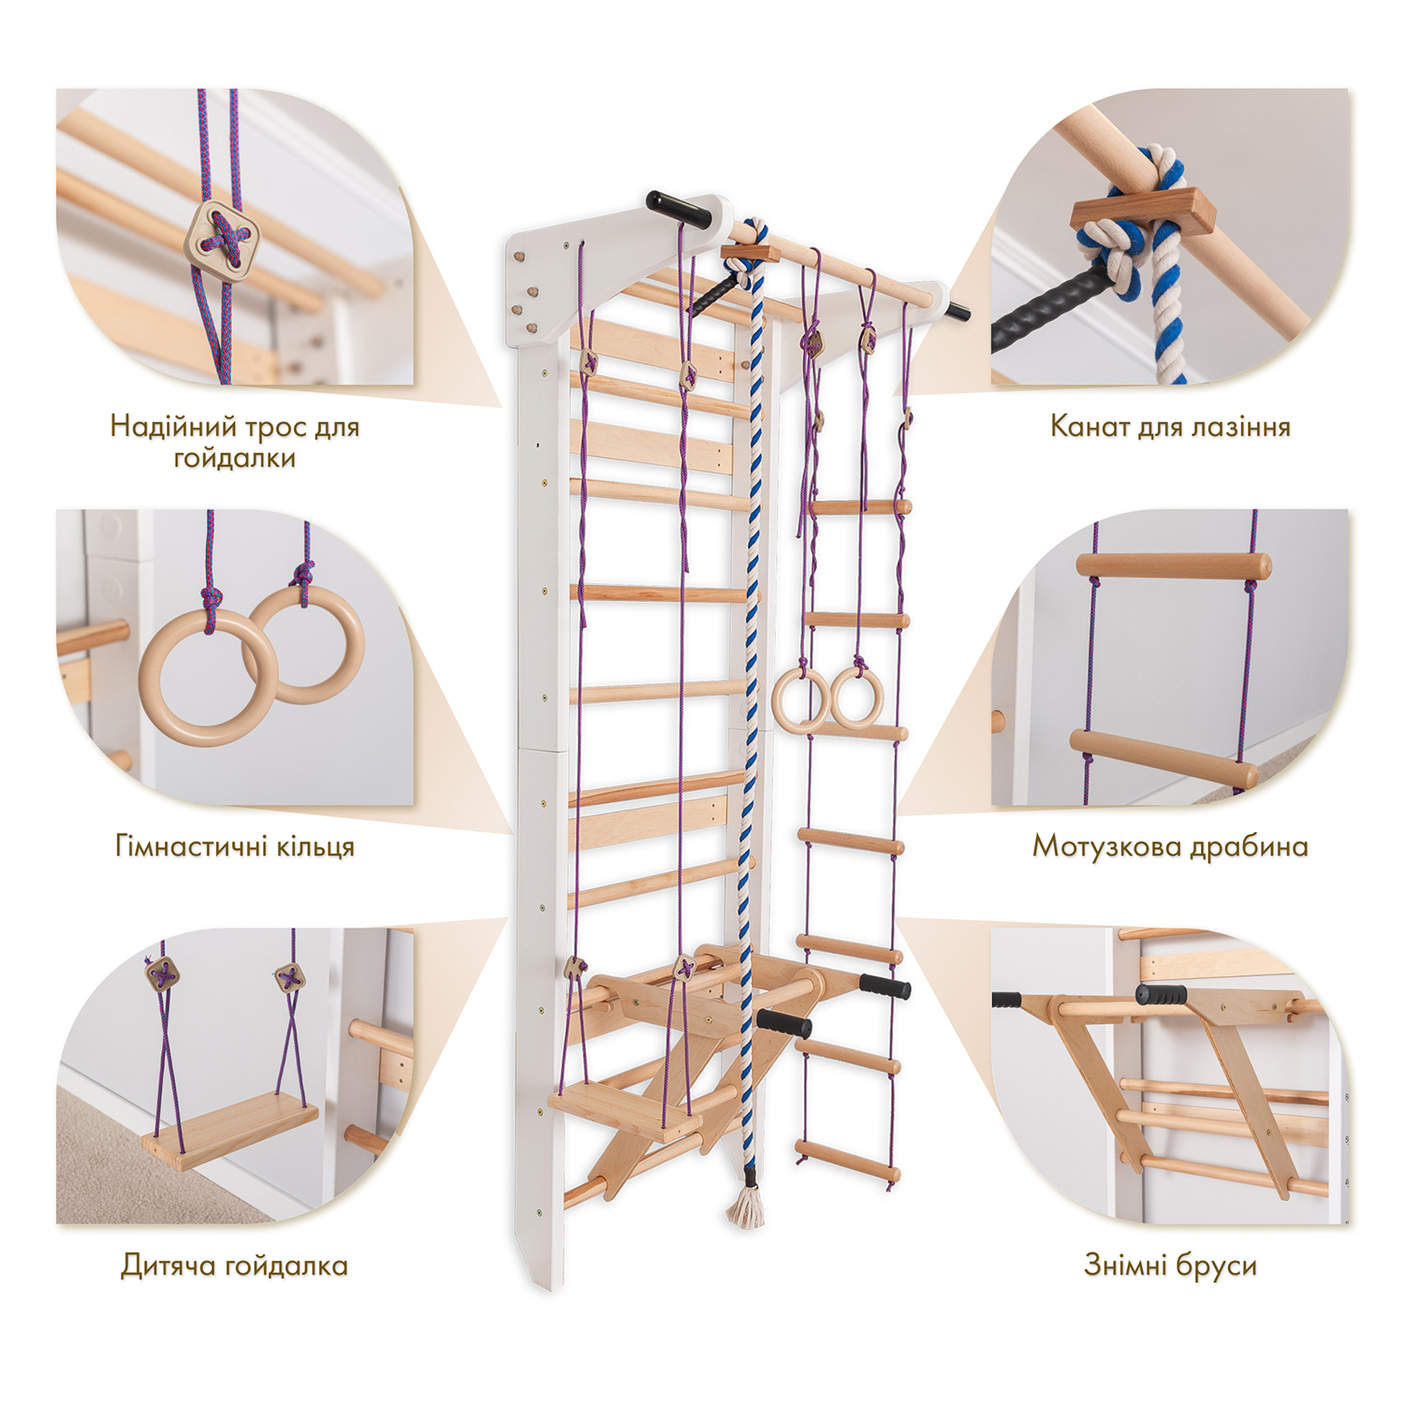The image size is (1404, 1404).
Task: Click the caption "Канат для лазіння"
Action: (1170, 427)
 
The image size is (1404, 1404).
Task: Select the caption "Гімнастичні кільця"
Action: (235, 846)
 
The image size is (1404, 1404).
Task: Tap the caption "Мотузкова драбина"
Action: (1170, 846)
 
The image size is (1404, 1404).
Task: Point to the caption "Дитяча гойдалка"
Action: (235, 1265)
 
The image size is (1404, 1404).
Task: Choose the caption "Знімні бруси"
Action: (1170, 1265)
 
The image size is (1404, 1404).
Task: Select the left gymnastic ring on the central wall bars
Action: (800, 699)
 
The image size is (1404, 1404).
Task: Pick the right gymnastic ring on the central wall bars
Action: (856, 697)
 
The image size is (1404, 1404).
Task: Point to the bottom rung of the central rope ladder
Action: (848, 1160)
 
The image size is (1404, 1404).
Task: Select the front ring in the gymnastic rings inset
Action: (209, 677)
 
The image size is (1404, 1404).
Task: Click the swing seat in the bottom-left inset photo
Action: (230, 1134)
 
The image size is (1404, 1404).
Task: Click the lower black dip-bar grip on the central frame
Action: (784, 1023)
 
